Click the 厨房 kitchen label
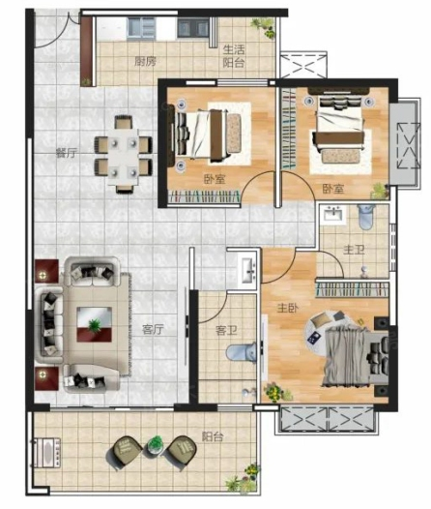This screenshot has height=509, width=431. [x=146, y=61]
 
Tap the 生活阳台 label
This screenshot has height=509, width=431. [x=234, y=56]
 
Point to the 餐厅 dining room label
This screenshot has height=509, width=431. [x=67, y=153]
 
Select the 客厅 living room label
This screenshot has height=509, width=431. [x=153, y=330]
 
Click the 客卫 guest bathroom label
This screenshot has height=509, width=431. [x=226, y=331]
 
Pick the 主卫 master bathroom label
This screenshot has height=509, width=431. [x=354, y=250]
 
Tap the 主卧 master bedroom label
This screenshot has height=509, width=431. [x=288, y=308]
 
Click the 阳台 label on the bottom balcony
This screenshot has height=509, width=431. [x=213, y=436]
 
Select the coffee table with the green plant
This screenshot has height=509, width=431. [x=95, y=324]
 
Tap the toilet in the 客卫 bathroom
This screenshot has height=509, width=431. [x=241, y=351]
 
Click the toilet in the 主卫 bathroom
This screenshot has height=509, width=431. [x=366, y=217]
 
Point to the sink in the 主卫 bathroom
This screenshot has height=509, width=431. [x=332, y=214]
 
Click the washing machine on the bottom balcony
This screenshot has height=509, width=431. [x=46, y=453]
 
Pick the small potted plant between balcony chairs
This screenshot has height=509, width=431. [x=156, y=444]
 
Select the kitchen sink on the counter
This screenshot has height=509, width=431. [x=141, y=28]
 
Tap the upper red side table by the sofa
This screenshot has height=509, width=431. [x=46, y=271]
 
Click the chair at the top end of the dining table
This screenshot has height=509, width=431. [x=124, y=122]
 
